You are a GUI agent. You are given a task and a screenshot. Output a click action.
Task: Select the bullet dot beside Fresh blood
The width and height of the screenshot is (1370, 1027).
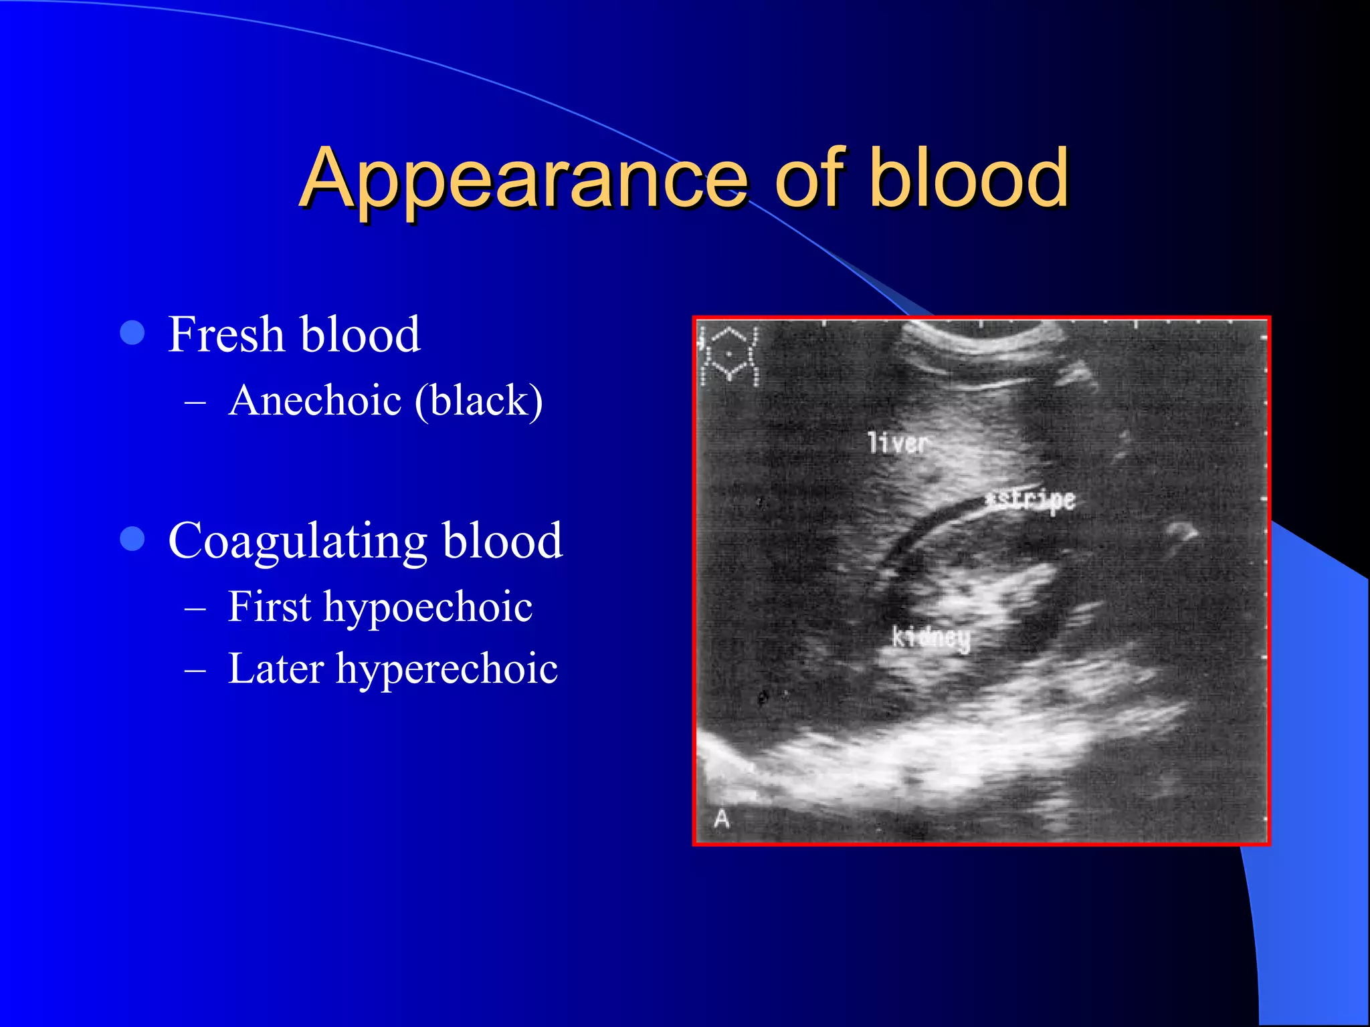tap(132, 332)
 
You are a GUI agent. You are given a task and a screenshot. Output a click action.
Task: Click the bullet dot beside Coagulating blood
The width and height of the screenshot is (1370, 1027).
tap(132, 538)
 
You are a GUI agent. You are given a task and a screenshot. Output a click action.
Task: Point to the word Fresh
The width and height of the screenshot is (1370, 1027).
tap(226, 334)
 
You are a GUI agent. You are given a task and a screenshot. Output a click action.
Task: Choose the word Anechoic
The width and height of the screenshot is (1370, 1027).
tap(315, 401)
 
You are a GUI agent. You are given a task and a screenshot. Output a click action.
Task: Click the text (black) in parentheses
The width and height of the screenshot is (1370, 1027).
tap(478, 401)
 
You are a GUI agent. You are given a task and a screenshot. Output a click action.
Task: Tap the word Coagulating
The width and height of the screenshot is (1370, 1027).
tap(298, 541)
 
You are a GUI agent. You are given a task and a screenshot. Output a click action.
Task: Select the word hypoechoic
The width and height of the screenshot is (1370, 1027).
tap(428, 608)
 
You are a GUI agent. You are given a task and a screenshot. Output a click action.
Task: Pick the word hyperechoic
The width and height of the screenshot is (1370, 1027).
tap(447, 669)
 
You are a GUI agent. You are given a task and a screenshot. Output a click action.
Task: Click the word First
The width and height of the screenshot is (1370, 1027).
tap(270, 606)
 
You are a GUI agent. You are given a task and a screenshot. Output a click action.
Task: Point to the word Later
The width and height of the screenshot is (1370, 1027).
tap(276, 668)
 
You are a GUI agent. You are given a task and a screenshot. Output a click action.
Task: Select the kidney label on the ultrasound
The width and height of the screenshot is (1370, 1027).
tap(931, 637)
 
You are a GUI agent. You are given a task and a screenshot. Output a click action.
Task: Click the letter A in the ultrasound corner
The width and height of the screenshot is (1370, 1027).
tap(721, 818)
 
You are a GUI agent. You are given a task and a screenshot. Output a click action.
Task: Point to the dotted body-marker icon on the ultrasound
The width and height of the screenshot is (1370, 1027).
tap(728, 356)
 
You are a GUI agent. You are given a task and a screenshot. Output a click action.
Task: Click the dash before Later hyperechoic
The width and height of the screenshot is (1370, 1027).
tap(195, 669)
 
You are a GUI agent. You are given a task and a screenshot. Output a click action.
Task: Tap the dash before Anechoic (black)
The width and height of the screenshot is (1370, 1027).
tap(195, 402)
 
